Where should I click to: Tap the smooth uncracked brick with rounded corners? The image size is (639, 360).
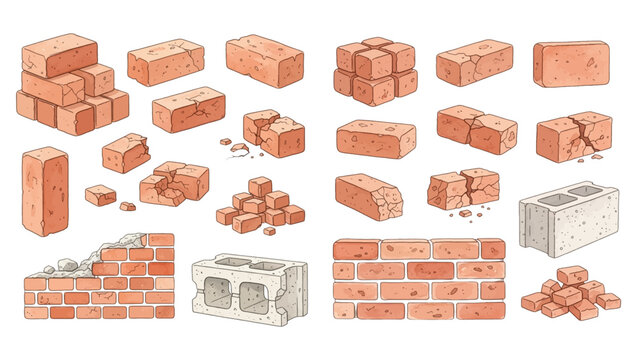571,63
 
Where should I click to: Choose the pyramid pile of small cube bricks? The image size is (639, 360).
259,203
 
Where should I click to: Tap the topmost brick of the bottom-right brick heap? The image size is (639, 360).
572,275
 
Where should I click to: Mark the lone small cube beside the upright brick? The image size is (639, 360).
100,194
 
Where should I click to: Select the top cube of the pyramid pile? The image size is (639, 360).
260,186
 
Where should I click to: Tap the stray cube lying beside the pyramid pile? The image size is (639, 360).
269,230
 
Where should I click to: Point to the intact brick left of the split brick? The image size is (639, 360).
375,139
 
